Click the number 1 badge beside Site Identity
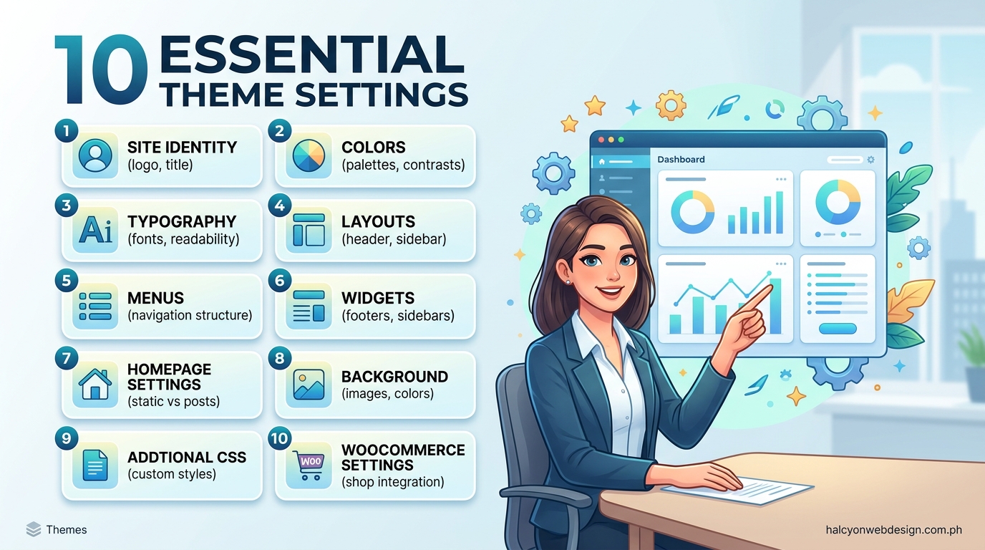(x=66, y=131)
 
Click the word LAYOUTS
(x=378, y=222)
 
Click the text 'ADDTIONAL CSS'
(x=187, y=457)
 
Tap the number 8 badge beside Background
(x=280, y=358)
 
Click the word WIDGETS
(x=378, y=298)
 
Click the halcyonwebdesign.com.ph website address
(x=893, y=530)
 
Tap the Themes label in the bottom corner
(x=66, y=530)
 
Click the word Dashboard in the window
(x=681, y=160)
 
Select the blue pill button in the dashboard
(x=837, y=329)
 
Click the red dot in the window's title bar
(x=601, y=140)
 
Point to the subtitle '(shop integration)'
(x=392, y=482)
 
